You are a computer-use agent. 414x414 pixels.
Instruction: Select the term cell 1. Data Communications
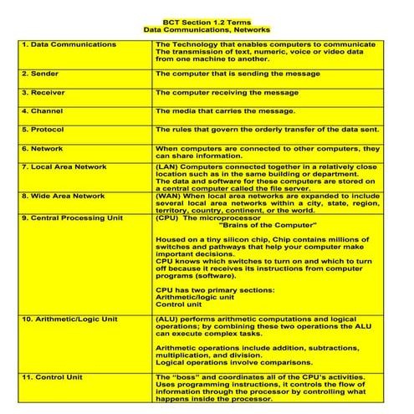click(x=69, y=44)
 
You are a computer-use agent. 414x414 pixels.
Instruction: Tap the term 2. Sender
click(x=42, y=74)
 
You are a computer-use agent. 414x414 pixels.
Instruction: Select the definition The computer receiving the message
click(x=227, y=92)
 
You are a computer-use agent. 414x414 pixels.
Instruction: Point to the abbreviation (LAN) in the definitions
click(x=167, y=166)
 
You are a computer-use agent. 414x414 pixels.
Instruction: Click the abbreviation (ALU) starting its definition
click(x=167, y=319)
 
